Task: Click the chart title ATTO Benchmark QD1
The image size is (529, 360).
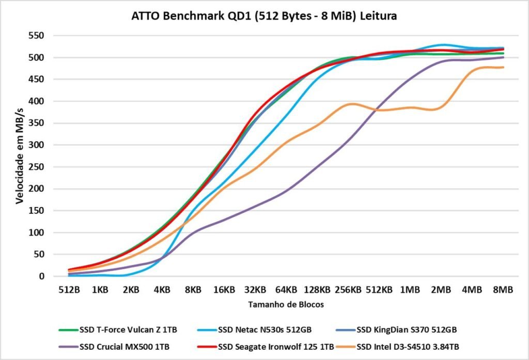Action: click(264, 16)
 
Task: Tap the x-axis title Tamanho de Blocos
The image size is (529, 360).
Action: click(286, 305)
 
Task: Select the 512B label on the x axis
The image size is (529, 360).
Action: click(69, 290)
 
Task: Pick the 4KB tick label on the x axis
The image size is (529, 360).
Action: click(162, 290)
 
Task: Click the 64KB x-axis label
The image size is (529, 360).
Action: click(286, 290)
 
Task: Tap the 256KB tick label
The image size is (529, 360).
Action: click(348, 290)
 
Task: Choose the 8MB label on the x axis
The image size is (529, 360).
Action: click(503, 290)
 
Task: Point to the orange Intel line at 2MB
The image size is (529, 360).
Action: click(441, 107)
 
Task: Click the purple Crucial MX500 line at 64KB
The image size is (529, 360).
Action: click(286, 192)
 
